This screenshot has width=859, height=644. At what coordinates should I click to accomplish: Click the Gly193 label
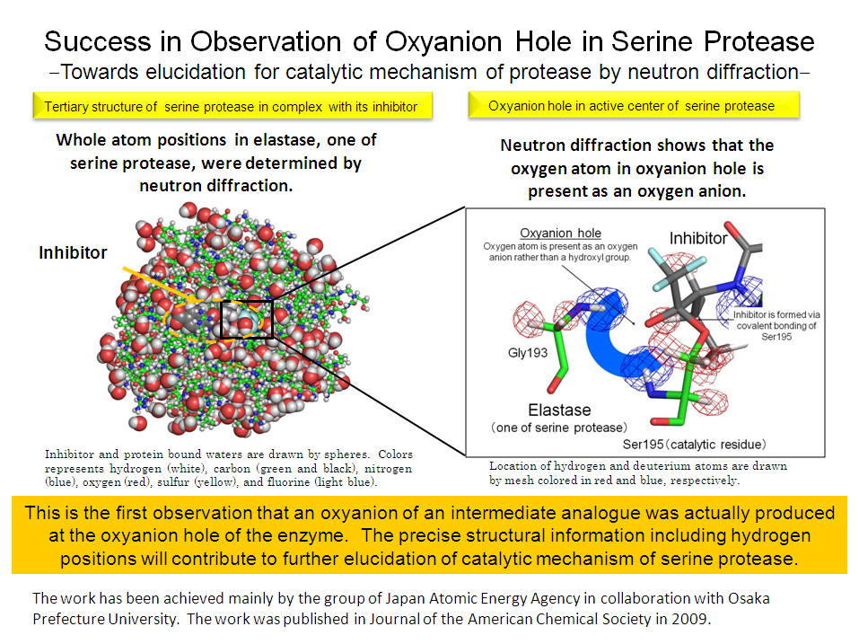[x=528, y=352]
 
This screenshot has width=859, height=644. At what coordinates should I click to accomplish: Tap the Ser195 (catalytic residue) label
[x=694, y=444]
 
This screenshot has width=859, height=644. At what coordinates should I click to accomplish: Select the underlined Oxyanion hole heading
[x=560, y=233]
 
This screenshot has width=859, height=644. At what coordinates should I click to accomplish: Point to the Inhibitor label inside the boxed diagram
[x=698, y=238]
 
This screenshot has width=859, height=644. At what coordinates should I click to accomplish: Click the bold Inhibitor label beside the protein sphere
[x=73, y=252]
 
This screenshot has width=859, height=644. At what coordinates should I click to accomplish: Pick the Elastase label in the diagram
[x=559, y=410]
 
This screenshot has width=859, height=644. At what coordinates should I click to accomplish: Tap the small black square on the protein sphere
[x=247, y=320]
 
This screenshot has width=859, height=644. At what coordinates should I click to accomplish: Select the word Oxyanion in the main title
[x=443, y=42]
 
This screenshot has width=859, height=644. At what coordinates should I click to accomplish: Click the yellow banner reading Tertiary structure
[x=232, y=106]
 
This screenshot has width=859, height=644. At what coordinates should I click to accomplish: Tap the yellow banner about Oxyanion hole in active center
[x=634, y=105]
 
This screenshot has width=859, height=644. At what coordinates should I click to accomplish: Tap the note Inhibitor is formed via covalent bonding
[x=776, y=325]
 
